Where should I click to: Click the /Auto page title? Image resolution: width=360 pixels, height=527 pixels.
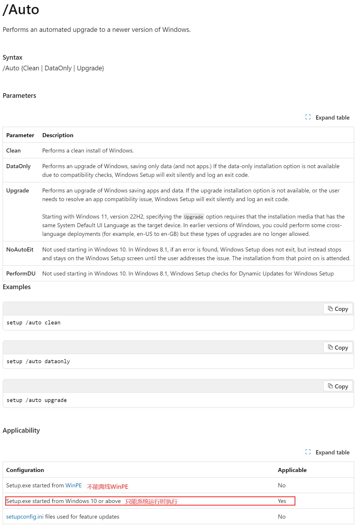pyautogui.click(x=21, y=10)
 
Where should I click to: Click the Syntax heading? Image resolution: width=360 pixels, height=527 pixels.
pyautogui.click(x=12, y=57)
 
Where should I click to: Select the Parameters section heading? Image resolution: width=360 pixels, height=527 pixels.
pyautogui.click(x=19, y=96)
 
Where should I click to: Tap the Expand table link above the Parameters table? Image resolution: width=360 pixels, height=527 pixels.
pyautogui.click(x=332, y=117)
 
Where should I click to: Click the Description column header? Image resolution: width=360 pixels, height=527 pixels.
pyautogui.click(x=58, y=135)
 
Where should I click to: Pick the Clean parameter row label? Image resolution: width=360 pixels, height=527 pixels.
pyautogui.click(x=13, y=150)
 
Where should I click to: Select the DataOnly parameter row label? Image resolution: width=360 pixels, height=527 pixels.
pyautogui.click(x=18, y=166)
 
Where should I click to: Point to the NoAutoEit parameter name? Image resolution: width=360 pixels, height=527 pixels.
pyautogui.click(x=20, y=249)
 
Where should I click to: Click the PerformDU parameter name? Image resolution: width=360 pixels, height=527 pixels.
pyautogui.click(x=21, y=273)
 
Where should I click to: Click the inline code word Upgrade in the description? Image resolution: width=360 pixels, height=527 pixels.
pyautogui.click(x=193, y=217)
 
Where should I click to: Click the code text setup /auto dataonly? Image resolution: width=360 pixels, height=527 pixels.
pyautogui.click(x=38, y=361)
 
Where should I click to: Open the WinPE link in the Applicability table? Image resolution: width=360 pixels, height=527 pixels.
pyautogui.click(x=74, y=485)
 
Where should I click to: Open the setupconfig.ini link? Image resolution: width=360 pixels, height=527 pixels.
pyautogui.click(x=25, y=517)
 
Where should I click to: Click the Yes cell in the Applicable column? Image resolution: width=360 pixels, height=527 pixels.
pyautogui.click(x=282, y=501)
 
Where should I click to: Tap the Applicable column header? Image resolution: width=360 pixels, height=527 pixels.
pyautogui.click(x=292, y=470)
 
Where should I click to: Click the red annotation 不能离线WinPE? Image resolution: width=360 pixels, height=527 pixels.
pyautogui.click(x=107, y=486)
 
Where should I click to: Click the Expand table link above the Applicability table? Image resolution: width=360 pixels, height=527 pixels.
pyautogui.click(x=332, y=452)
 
